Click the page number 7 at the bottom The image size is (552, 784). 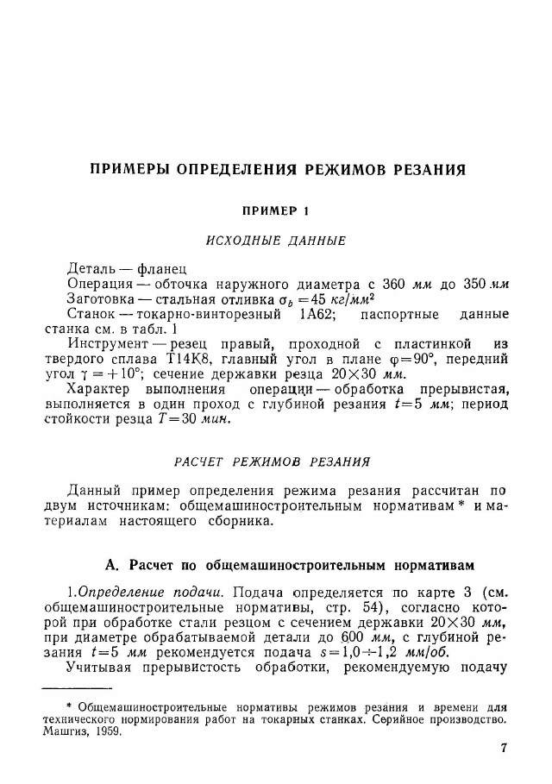pos(504,748)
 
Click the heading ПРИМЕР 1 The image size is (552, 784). pos(276,210)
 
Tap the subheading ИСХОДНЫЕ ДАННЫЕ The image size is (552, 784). pos(276,241)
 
